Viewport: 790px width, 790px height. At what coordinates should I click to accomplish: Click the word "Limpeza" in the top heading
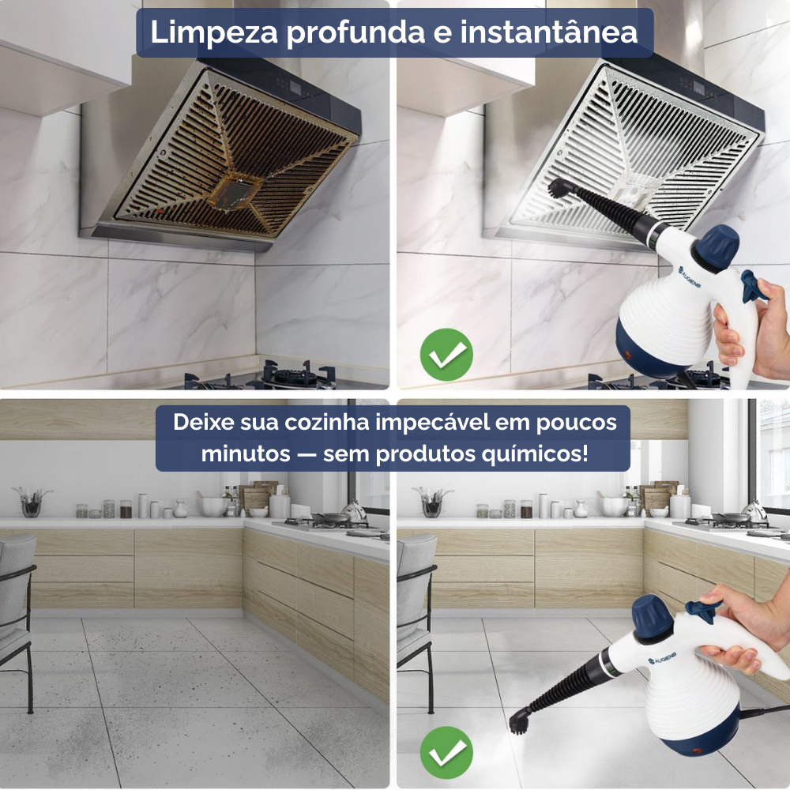pyautogui.click(x=214, y=32)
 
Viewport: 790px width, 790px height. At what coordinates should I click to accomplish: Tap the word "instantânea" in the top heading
pyautogui.click(x=549, y=32)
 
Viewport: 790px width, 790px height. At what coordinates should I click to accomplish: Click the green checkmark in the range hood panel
pyautogui.click(x=446, y=355)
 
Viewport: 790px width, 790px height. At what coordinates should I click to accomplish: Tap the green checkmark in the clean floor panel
pyautogui.click(x=446, y=752)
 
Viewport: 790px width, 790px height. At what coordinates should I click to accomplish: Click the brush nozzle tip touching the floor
pyautogui.click(x=520, y=720)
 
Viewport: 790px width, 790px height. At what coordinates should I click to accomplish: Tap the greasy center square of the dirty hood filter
pyautogui.click(x=234, y=190)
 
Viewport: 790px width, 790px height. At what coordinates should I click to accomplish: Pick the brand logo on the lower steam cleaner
pyautogui.click(x=662, y=658)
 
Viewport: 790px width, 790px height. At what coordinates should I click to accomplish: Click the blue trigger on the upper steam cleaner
pyautogui.click(x=752, y=286)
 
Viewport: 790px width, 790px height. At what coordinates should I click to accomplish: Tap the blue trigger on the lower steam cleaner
pyautogui.click(x=702, y=610)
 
